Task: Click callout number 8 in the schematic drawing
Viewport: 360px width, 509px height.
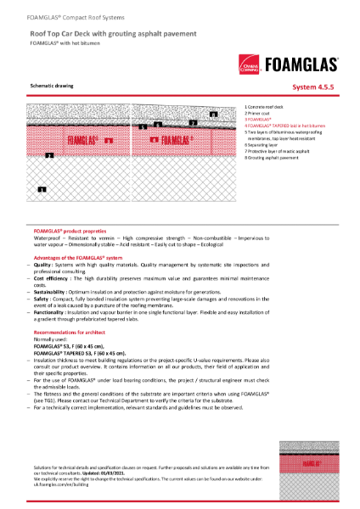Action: pyautogui.click(x=213, y=113)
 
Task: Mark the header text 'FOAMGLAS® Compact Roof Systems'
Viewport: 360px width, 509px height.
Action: pyautogui.click(x=66, y=8)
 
